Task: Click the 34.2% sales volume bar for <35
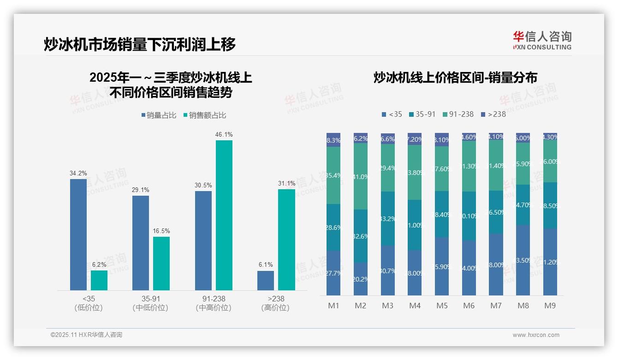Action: coord(78,234)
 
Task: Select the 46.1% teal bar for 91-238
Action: coord(224,215)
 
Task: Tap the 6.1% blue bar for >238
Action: coord(266,281)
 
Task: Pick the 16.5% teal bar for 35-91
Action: coord(161,264)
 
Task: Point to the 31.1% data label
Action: coord(286,183)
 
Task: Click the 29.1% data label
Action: coord(141,190)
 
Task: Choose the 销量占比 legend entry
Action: coord(159,115)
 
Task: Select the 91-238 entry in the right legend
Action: coord(458,114)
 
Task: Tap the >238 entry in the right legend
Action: coord(493,114)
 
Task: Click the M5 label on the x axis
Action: coord(442,306)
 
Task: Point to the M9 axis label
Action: coord(550,306)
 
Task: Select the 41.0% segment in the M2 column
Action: coord(361,176)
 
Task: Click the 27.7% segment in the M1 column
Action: coord(333,273)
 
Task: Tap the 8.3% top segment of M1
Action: coord(333,140)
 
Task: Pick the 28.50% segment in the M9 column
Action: coord(550,205)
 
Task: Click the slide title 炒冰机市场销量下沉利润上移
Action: coord(140,44)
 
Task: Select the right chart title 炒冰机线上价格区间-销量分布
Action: coord(455,78)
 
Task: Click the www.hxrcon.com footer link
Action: coord(536,335)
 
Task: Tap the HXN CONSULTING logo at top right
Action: coord(542,41)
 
